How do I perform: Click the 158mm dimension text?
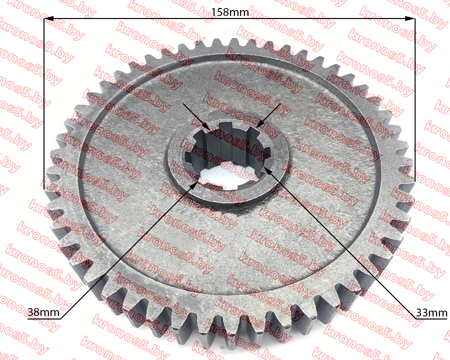230,12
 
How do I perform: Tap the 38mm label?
43,312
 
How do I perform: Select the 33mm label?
431,312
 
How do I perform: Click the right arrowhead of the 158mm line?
410,18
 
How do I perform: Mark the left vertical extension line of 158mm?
44,103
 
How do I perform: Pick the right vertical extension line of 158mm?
415,99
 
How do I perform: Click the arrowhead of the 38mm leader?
194,184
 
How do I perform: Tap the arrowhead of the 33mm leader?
267,171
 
